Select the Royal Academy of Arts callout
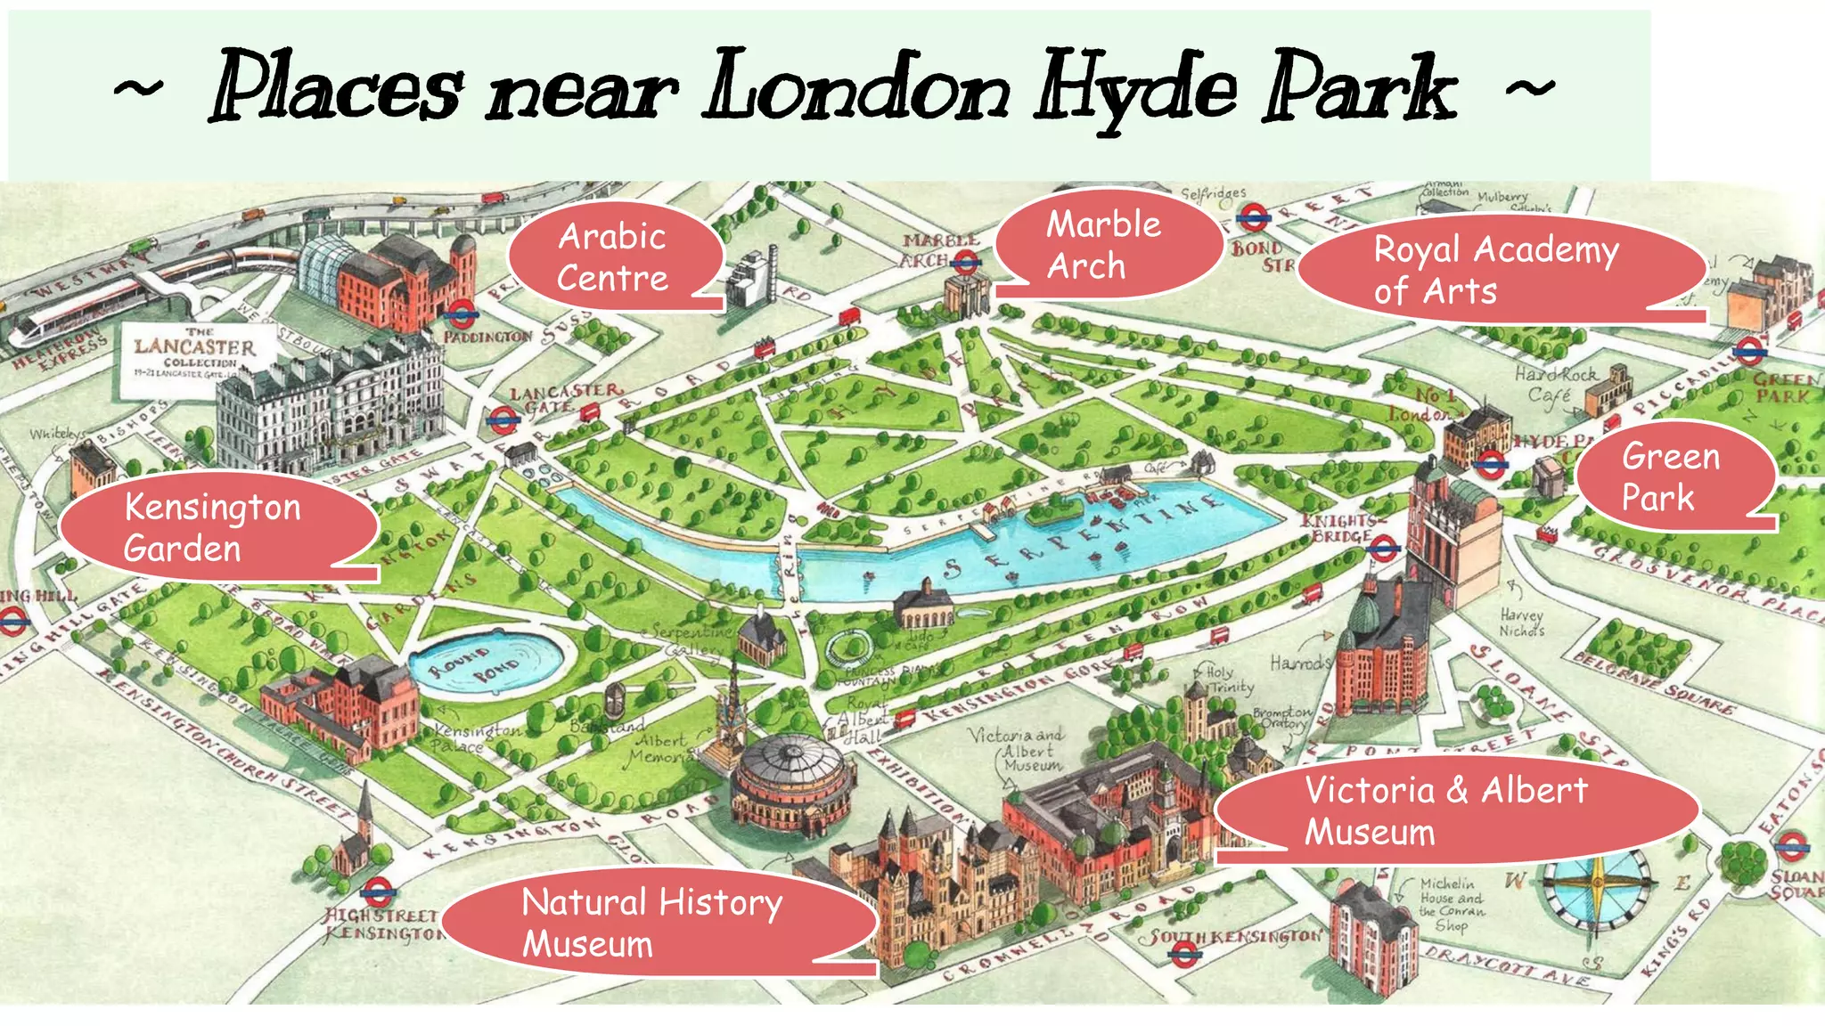1497,269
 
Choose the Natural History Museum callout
655,923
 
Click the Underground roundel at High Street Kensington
378,892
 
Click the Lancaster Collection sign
194,356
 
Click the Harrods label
1300,663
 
